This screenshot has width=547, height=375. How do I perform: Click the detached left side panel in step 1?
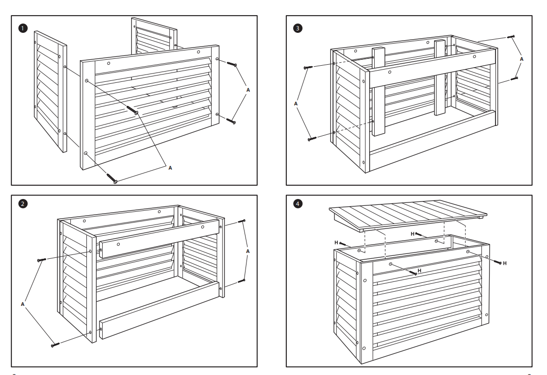pos(50,91)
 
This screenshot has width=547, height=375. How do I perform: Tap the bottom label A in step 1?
pos(170,168)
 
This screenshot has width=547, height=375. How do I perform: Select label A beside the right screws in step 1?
pos(247,90)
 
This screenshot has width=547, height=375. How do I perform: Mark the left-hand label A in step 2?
pos(23,304)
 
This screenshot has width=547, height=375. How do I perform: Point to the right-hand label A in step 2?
pos(247,251)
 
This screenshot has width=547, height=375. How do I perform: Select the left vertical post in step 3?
pos(378,92)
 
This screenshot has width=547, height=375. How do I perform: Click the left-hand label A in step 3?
pos(296,104)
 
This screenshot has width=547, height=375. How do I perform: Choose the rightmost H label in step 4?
pos(505,264)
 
